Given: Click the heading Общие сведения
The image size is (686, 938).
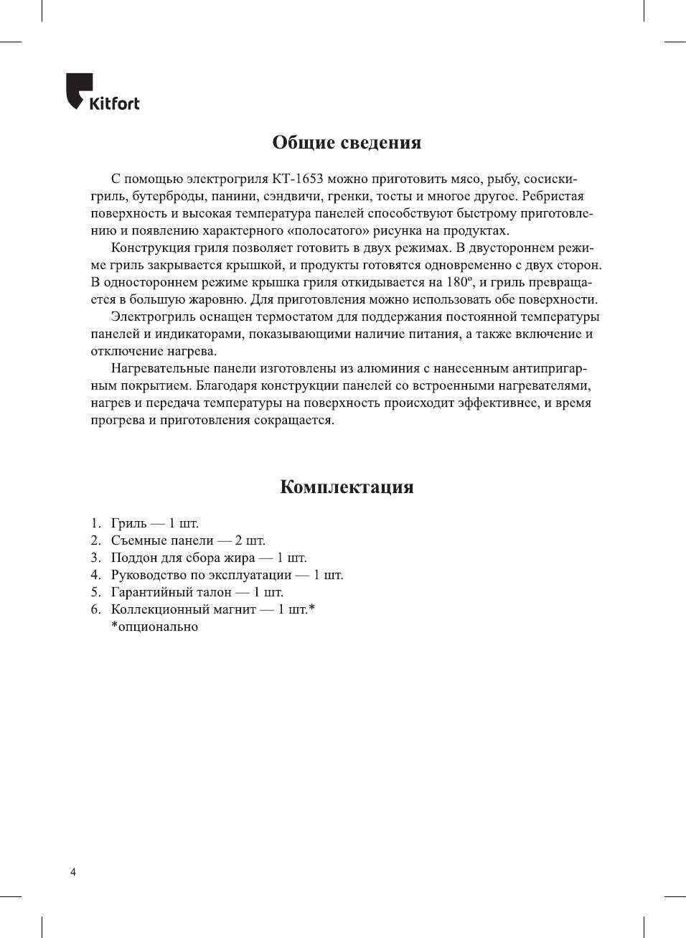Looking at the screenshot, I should tap(347, 142).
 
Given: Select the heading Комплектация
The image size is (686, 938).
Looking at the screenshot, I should tap(347, 487).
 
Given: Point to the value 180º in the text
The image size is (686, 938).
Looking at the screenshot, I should tap(457, 282).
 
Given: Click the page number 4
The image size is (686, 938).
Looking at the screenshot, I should tap(72, 872).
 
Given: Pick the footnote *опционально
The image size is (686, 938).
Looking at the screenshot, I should tap(154, 627).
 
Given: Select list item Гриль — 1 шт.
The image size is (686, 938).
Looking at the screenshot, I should tap(154, 523).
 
